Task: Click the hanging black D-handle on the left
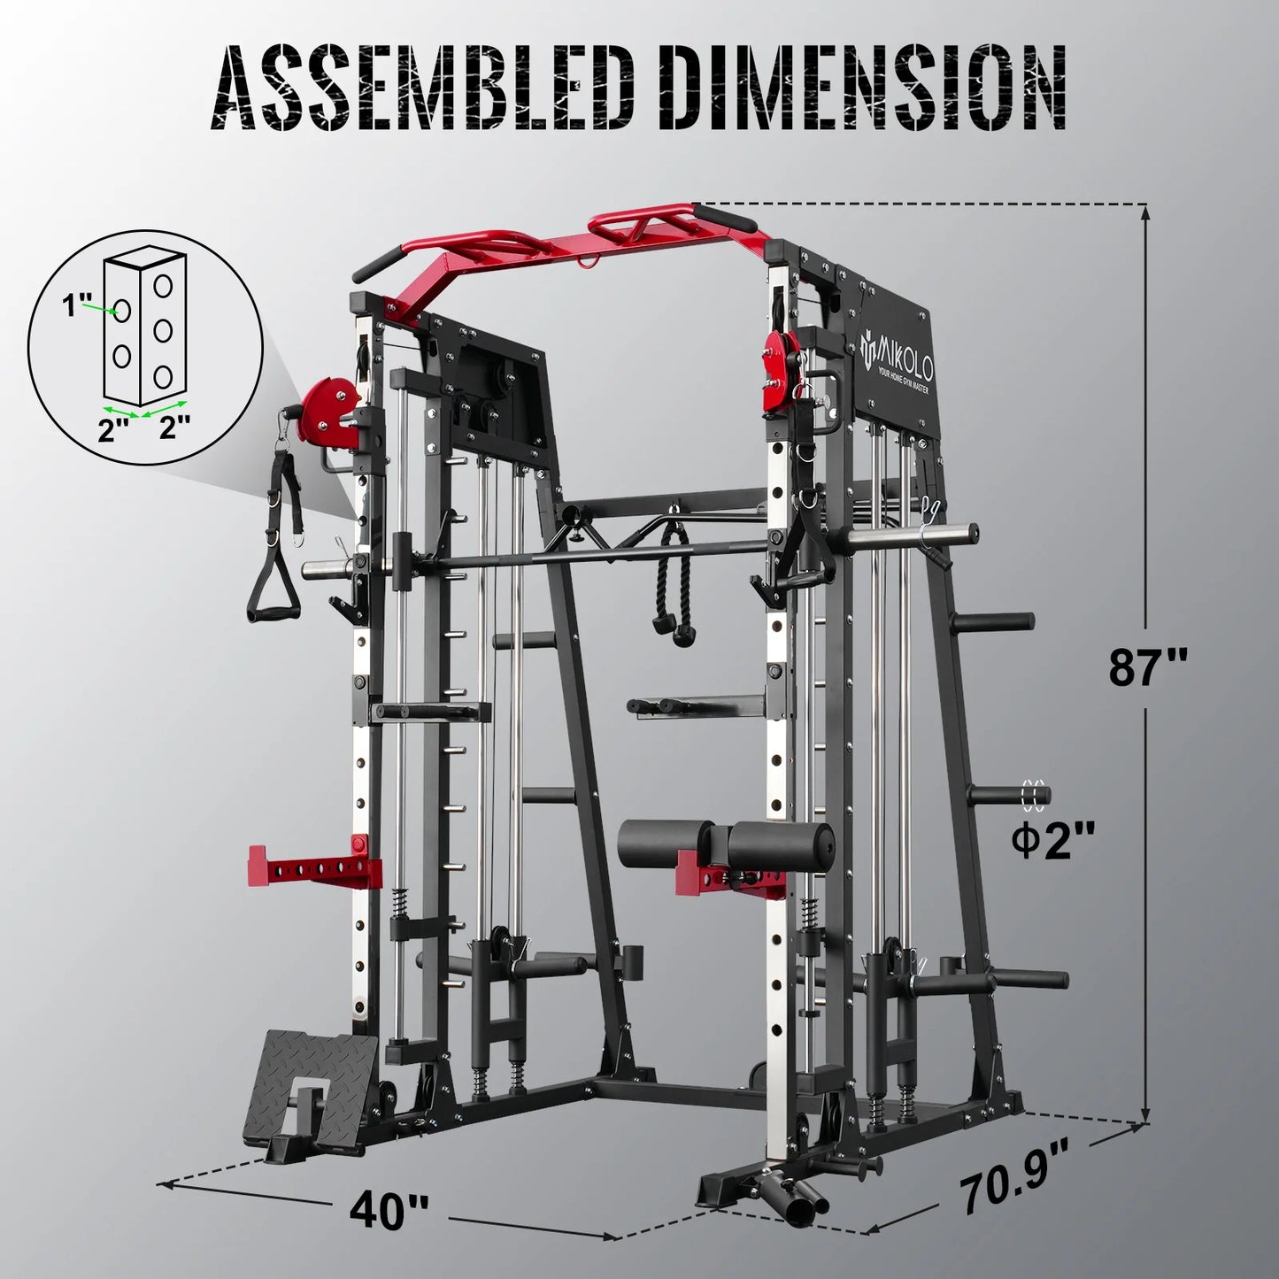coord(270,584)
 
